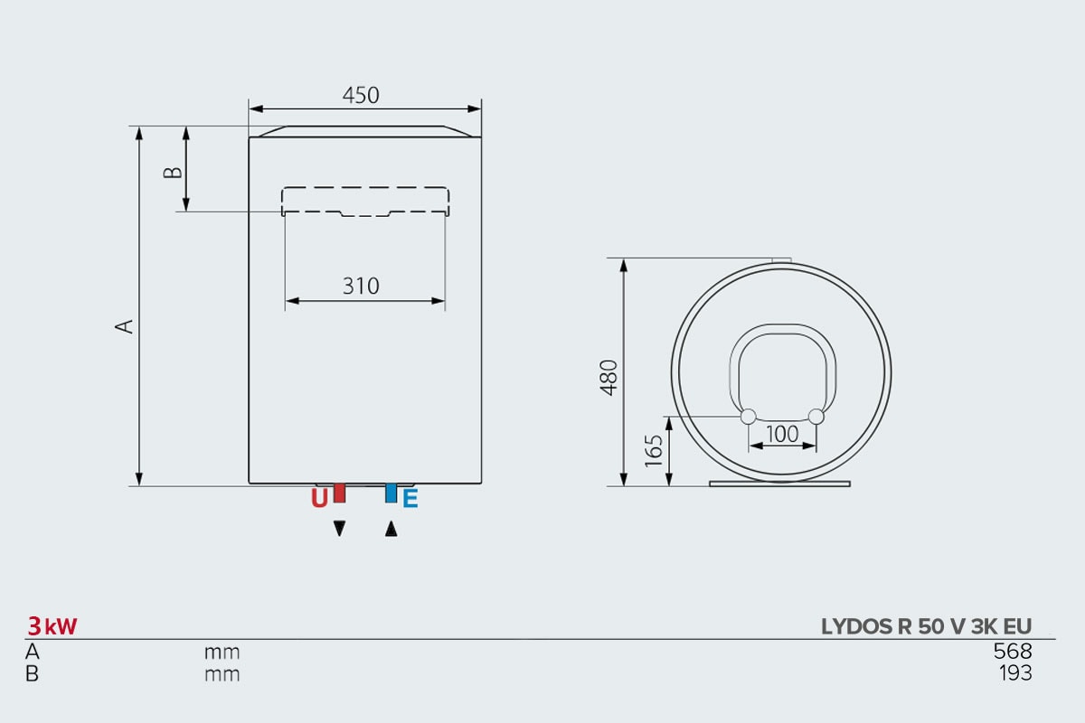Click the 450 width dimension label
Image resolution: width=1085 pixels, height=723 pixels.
click(361, 96)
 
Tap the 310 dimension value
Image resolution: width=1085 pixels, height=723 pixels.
click(361, 286)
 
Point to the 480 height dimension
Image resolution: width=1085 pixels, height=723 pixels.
click(609, 378)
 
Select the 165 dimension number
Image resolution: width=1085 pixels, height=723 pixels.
click(654, 451)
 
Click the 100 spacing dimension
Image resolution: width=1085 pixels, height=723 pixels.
click(782, 434)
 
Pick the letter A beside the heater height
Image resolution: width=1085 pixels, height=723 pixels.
click(124, 326)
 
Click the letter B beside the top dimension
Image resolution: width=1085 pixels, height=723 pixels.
click(173, 173)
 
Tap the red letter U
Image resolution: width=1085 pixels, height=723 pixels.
click(319, 498)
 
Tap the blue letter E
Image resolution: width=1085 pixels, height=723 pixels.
click(410, 498)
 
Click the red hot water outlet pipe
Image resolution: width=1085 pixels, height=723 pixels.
click(340, 493)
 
